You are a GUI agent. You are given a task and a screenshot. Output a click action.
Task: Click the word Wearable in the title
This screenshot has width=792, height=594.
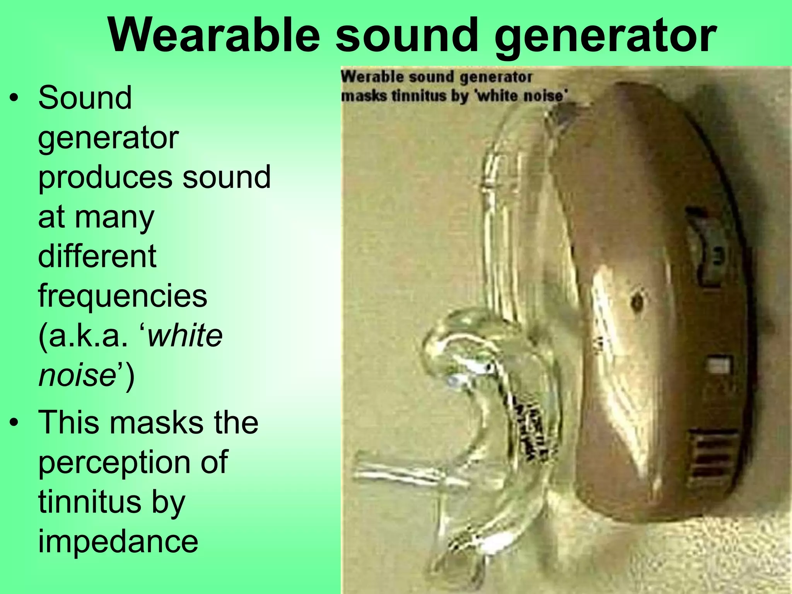click(x=214, y=36)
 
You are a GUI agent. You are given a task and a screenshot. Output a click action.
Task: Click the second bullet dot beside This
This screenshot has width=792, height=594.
click(x=14, y=423)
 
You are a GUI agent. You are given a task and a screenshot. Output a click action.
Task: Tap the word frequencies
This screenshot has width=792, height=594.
click(x=123, y=296)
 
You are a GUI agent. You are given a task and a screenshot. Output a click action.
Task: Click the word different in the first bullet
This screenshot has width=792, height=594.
click(x=97, y=256)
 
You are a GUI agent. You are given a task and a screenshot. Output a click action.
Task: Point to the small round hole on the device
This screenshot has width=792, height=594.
click(x=636, y=302)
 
